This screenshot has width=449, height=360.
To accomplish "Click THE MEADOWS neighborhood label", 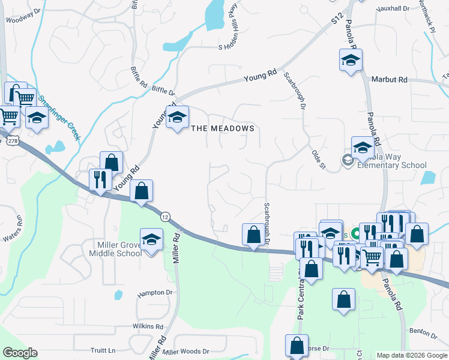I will [222, 128].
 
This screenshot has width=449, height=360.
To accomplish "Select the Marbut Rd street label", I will [389, 79].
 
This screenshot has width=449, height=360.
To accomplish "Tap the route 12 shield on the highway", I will [164, 215].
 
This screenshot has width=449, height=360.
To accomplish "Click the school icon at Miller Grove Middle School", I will [151, 239].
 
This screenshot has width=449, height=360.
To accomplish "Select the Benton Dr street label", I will [423, 331].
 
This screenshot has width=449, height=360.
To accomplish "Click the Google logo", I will [20, 353].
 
